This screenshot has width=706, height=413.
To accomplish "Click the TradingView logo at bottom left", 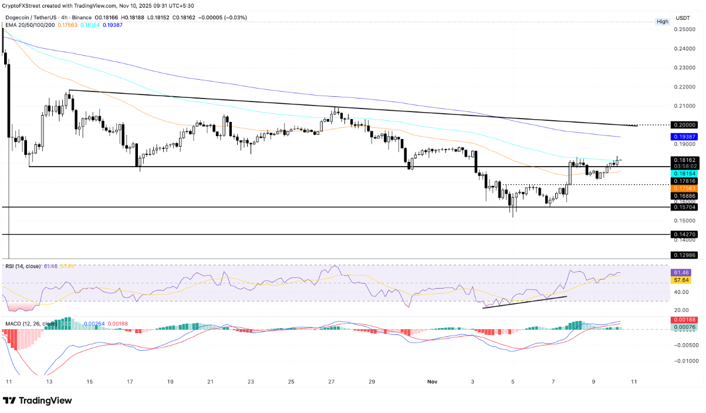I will (38, 400).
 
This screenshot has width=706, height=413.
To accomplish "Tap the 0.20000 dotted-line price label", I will (683, 125).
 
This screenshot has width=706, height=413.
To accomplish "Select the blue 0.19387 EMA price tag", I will (683, 136).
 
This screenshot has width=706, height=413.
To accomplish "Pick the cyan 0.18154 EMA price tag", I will (683, 174).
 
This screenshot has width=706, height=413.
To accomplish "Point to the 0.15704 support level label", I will (683, 207).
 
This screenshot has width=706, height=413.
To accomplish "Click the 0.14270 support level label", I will (683, 234).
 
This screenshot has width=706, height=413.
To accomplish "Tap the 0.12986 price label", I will (683, 255).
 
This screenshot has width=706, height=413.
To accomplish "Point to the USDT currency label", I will (682, 18).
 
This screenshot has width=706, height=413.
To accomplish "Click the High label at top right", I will (662, 22).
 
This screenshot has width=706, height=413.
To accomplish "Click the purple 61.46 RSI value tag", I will (683, 273).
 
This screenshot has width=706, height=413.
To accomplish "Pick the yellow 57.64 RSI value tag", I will (683, 281).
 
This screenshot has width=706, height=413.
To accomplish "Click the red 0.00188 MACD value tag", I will (683, 320).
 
